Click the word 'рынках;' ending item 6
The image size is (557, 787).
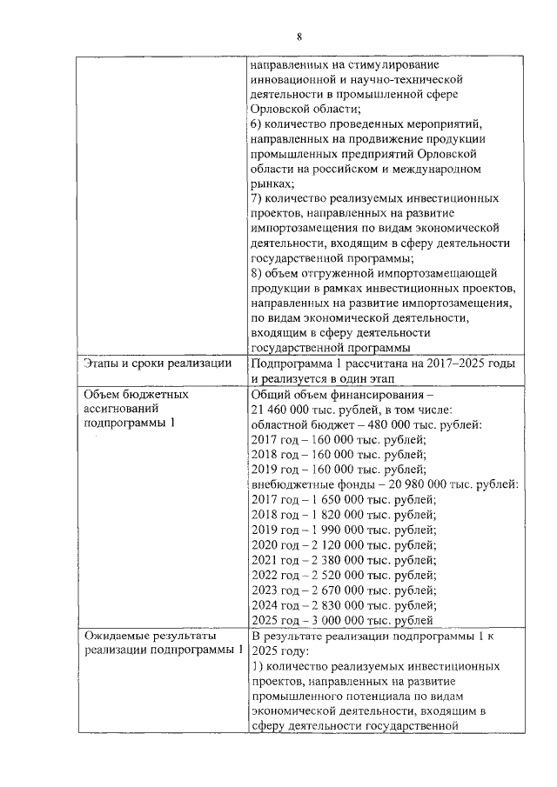pyautogui.click(x=272, y=184)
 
